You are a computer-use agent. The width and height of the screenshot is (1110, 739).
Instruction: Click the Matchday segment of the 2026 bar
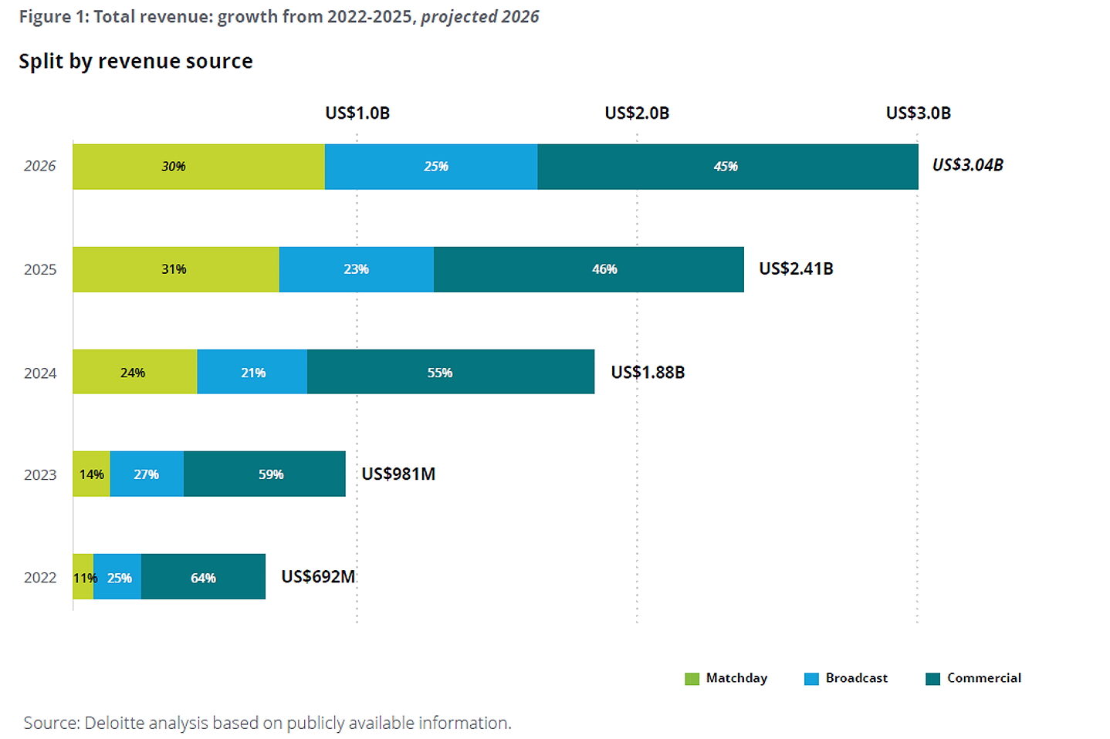[198, 167]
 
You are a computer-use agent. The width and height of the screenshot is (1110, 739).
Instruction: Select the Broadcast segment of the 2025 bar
[356, 269]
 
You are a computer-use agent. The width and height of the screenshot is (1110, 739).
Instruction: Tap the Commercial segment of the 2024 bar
[450, 372]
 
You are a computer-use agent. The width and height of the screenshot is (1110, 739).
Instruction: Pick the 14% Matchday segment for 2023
[91, 474]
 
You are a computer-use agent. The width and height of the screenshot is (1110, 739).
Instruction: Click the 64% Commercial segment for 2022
[203, 577]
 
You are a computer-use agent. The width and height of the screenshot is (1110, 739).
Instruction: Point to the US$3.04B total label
[967, 165]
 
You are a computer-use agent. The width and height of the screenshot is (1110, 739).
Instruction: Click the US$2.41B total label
[796, 268]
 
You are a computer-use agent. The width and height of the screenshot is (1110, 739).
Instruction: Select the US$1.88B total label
[648, 373]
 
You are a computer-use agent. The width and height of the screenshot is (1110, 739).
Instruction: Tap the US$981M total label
[398, 474]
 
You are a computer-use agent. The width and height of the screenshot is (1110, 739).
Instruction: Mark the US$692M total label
[318, 576]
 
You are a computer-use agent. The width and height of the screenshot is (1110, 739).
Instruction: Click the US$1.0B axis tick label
[357, 113]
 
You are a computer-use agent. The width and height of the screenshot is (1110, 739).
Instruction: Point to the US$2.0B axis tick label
[637, 113]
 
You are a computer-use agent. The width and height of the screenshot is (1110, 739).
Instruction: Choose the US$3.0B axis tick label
[918, 113]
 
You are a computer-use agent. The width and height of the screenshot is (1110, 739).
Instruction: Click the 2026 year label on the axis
[40, 167]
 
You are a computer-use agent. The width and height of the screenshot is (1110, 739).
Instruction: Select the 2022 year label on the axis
[40, 578]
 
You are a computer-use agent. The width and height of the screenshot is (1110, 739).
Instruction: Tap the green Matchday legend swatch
[692, 679]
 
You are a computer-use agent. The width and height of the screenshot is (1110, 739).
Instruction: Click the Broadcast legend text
[856, 678]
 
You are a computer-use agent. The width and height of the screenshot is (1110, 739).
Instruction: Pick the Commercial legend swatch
[932, 679]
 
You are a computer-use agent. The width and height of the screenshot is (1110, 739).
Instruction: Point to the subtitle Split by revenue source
[136, 62]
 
